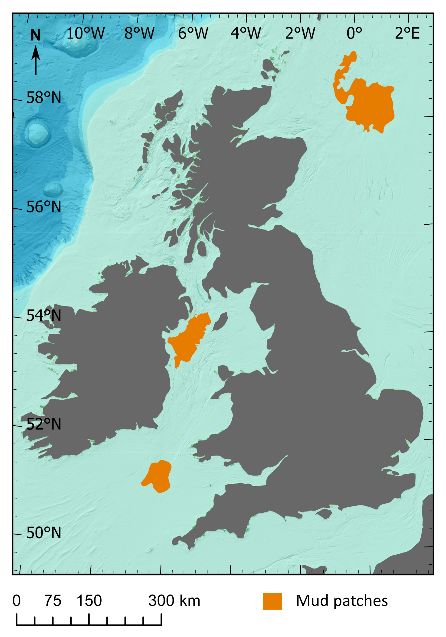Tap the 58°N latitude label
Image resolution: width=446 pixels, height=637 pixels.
pos(44,98)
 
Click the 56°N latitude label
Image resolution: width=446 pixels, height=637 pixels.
pos(44,207)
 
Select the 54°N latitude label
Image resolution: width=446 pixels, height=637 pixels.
pos(44,316)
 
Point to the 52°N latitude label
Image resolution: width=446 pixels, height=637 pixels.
pos(44,424)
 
